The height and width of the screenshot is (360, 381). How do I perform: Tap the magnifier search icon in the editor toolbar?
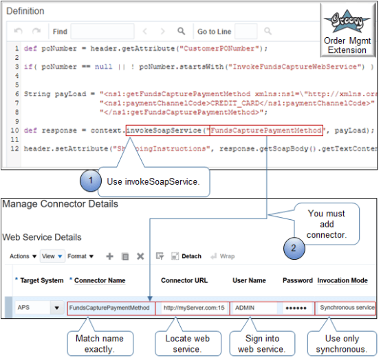(x=182, y=31)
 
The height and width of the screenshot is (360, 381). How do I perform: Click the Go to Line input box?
(x=246, y=31)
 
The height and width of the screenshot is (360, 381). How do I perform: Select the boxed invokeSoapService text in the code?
(x=167, y=131)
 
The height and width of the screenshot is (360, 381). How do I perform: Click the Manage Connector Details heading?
(x=61, y=203)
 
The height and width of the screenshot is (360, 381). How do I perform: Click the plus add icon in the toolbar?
(x=109, y=256)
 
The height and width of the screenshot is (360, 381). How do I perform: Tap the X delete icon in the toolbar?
(x=140, y=256)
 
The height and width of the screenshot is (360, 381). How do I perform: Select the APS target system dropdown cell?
(x=38, y=308)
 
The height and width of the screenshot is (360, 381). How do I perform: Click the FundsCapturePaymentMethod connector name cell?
(x=111, y=308)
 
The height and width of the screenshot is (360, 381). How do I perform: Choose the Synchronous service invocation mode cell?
(x=345, y=308)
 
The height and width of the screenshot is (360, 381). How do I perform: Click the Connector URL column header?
(x=186, y=281)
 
